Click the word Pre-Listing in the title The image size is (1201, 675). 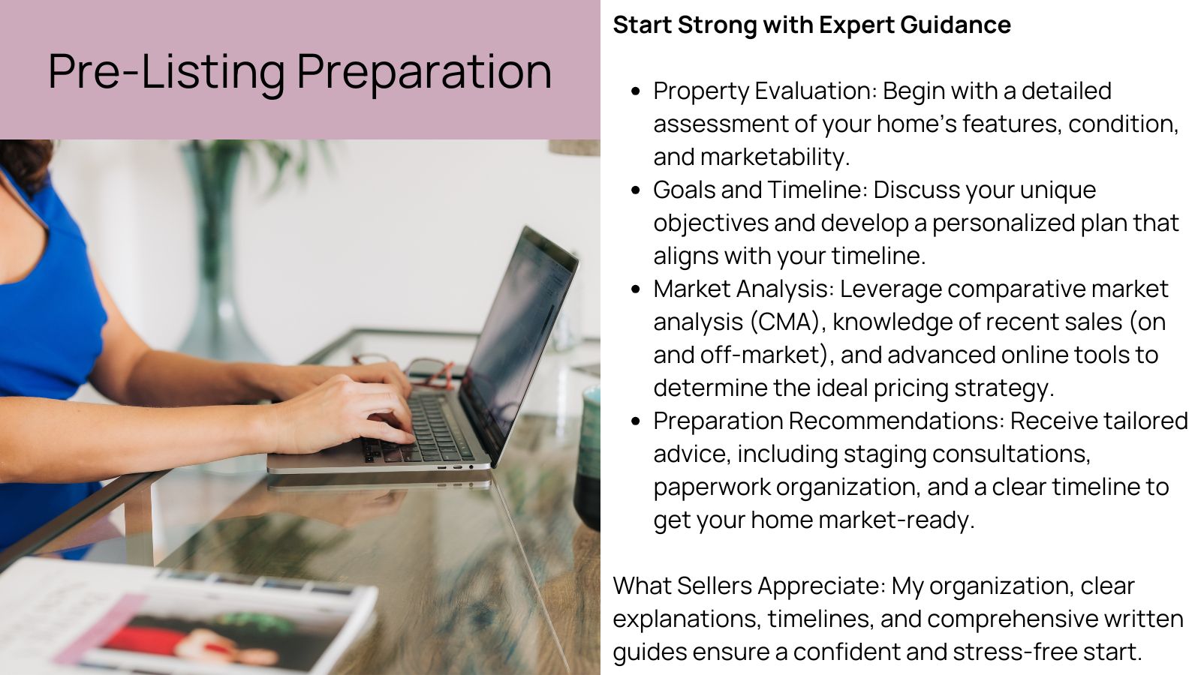coord(167,72)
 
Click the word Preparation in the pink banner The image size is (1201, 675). coord(424,72)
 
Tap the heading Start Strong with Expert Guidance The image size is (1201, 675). coord(811,25)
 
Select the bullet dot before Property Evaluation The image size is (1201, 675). coord(636,91)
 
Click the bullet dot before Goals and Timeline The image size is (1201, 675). coord(636,190)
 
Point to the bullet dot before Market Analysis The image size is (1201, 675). coord(636,289)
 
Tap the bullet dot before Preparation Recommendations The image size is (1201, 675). coord(636,421)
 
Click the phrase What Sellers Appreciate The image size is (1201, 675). coord(748,586)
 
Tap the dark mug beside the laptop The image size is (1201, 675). coord(588,457)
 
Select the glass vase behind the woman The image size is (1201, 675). coord(218,285)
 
